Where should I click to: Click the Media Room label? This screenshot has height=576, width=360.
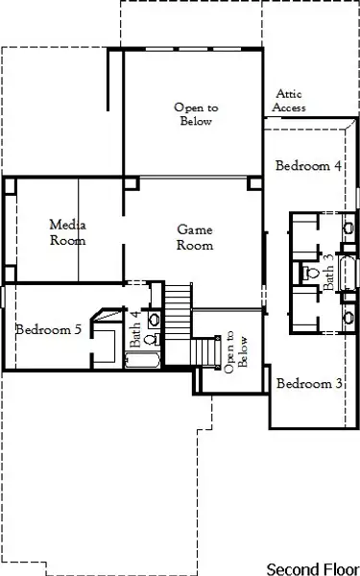pyautogui.click(x=68, y=232)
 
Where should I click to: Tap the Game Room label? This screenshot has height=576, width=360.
pyautogui.click(x=195, y=237)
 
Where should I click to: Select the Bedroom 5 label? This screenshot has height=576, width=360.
pyautogui.click(x=47, y=329)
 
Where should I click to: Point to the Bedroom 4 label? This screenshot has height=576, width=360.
pyautogui.click(x=308, y=165)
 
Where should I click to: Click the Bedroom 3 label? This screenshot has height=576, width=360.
pyautogui.click(x=309, y=384)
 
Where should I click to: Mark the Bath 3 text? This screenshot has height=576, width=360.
pyautogui.click(x=328, y=272)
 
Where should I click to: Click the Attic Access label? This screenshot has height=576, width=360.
pyautogui.click(x=290, y=101)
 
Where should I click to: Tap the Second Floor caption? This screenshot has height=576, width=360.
pyautogui.click(x=310, y=567)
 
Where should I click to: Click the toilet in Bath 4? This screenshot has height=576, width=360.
pyautogui.click(x=150, y=339)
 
